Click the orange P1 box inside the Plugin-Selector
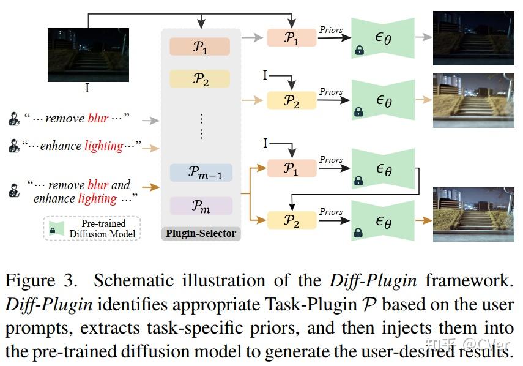coord(200,47)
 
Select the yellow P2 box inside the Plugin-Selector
coord(200,79)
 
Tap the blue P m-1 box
coord(201,174)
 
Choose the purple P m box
coord(201,206)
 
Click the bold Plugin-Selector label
coord(201,233)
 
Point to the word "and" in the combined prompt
coord(121,184)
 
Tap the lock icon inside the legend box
coord(53,231)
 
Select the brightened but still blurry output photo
coord(473,100)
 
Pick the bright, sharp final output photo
coord(473,214)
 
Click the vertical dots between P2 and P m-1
coord(201,125)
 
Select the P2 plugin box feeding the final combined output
coord(292,219)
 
